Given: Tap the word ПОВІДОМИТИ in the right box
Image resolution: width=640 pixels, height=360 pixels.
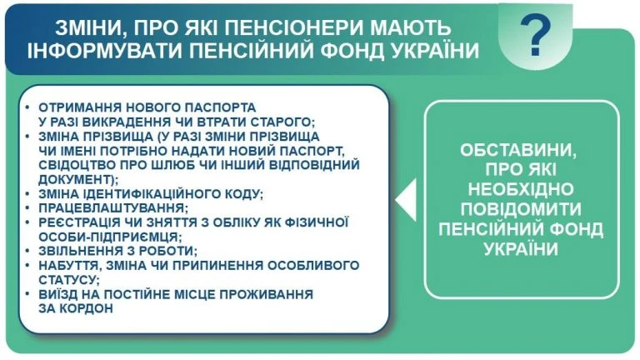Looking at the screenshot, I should [x=523, y=208].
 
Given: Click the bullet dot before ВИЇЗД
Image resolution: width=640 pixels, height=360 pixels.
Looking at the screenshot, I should [x=29, y=294].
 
